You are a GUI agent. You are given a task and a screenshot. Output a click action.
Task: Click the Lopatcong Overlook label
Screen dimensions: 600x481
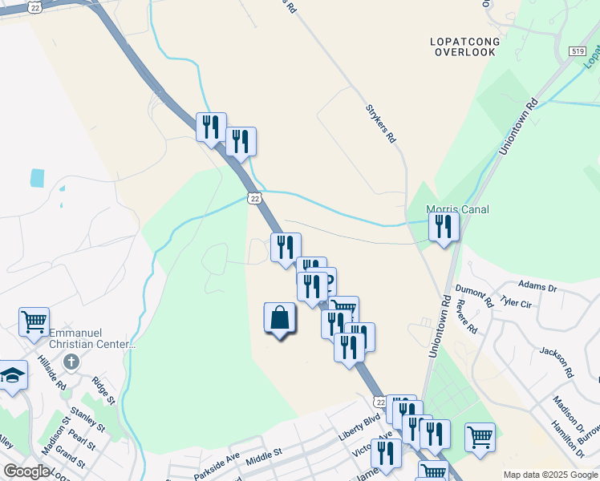(464, 46)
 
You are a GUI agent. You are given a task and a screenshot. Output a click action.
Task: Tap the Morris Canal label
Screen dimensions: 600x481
(457, 210)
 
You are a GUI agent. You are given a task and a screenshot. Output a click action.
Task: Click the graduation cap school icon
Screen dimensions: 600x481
(11, 375)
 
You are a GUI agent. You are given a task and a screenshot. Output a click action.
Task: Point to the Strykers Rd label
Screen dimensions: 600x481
(381, 123)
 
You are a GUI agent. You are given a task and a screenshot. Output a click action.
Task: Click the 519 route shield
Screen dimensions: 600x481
(578, 51)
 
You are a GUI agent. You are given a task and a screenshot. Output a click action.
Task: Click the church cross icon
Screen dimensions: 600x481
(71, 362)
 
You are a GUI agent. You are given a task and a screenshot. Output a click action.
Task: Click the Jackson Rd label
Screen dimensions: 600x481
(557, 362)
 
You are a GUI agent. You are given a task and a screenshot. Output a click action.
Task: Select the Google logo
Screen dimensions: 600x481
(26, 471)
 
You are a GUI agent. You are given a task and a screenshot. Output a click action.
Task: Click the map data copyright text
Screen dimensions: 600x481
(550, 475)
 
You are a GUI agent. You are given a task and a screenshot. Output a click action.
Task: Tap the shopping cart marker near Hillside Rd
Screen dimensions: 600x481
(34, 322)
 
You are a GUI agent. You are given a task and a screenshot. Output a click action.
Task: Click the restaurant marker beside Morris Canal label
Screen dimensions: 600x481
(444, 227)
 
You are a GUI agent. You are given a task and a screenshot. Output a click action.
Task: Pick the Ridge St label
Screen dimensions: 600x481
(103, 390)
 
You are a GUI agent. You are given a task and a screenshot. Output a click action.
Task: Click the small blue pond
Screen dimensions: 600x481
(38, 177)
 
